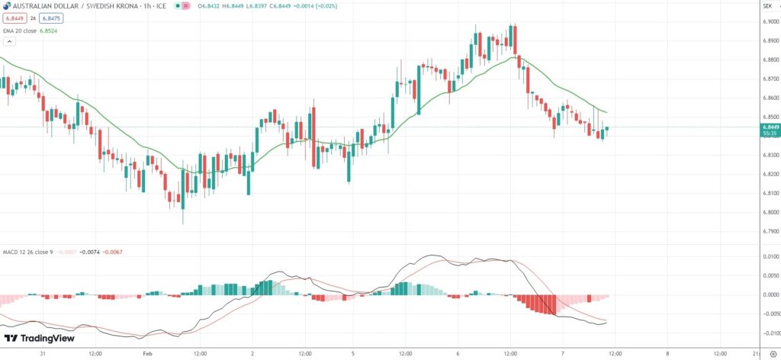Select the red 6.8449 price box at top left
click(14, 18)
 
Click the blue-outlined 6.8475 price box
click(51, 18)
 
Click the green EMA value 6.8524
click(47, 31)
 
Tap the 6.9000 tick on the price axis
click(770, 21)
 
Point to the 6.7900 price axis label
click(770, 231)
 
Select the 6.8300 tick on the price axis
click(770, 155)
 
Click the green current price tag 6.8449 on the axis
click(770, 127)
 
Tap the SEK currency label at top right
click(767, 7)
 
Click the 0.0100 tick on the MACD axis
click(770, 257)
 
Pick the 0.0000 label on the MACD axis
click(770, 294)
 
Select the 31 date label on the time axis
click(43, 353)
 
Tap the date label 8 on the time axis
click(667, 353)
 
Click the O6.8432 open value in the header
click(211, 6)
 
